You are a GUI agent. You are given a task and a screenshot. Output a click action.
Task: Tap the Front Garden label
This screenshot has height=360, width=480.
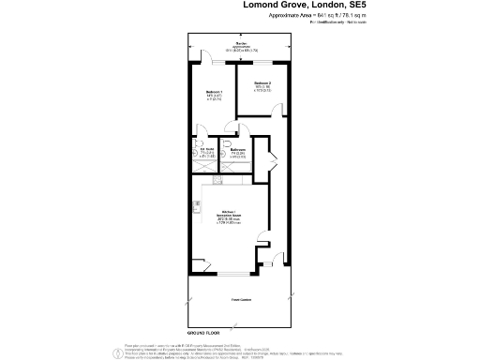point(241,300)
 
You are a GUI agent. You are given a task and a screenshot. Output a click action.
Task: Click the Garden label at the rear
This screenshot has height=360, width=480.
point(241,45)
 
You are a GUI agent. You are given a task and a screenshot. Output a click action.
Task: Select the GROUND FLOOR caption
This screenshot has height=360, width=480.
point(205,334)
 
